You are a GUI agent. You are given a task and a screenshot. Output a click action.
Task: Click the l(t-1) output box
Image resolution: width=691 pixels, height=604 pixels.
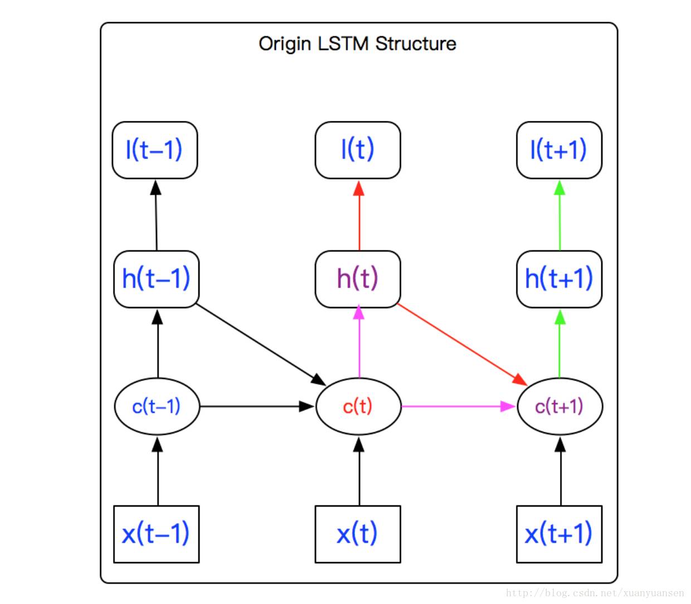coord(155,150)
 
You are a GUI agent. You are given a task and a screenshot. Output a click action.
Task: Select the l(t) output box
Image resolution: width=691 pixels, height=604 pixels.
coord(358,150)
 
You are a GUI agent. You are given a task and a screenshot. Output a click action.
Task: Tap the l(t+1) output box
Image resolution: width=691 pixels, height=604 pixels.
coord(559,150)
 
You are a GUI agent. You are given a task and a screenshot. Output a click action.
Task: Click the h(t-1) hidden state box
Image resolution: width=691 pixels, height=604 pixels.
coord(156,279)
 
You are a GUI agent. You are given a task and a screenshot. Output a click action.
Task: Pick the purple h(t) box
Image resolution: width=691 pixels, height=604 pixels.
coord(358,279)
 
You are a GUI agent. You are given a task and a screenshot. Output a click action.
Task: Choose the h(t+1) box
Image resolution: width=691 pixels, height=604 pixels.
coord(559,279)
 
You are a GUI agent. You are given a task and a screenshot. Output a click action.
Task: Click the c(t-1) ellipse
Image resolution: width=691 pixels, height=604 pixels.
coord(157,406)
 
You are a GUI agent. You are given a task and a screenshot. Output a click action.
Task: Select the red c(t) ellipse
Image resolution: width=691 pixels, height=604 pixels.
coord(358,406)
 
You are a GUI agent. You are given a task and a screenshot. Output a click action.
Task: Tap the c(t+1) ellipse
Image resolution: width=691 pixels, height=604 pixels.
coord(559,406)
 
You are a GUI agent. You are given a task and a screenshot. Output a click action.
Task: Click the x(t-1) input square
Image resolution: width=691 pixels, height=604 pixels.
coord(156,534)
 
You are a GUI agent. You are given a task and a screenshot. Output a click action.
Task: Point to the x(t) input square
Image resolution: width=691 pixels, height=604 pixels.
coord(358,534)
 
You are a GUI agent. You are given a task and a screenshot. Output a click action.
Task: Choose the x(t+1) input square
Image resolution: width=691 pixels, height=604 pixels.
coord(559,534)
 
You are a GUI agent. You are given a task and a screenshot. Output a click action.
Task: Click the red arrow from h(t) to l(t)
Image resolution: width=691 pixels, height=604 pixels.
coord(359,217)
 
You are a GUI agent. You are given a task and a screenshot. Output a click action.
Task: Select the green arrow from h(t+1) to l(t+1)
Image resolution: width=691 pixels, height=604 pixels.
coord(560,217)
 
